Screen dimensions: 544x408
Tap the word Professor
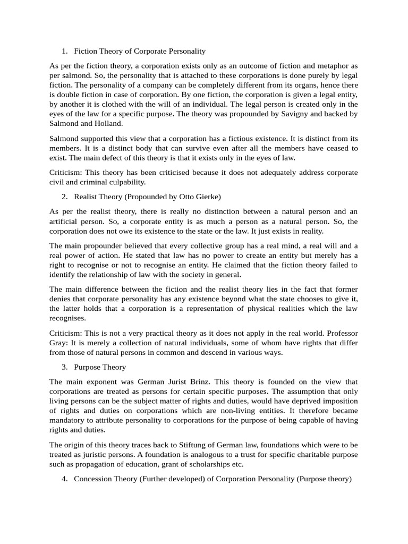point(337,333)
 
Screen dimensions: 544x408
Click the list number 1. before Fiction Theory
point(64,52)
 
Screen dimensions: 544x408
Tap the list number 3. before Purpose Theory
point(64,367)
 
